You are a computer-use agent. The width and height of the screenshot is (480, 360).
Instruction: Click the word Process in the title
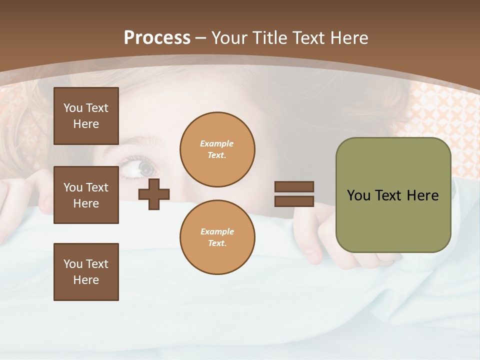(157, 38)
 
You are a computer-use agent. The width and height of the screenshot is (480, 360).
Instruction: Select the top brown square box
(86, 116)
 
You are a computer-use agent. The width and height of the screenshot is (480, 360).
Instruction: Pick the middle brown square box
(86, 195)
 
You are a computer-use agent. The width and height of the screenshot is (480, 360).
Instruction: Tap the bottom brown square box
(86, 272)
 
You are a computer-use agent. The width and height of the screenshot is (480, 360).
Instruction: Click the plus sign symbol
(154, 193)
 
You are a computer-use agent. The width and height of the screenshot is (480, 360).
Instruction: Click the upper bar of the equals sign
(294, 186)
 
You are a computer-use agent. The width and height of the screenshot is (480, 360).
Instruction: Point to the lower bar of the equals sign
(294, 201)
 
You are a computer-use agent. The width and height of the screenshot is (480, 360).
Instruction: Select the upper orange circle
(217, 149)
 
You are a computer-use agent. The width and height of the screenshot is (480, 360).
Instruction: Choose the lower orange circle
(217, 237)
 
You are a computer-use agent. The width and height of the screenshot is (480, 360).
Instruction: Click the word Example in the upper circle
(217, 144)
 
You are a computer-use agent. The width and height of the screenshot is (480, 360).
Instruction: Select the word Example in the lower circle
(217, 232)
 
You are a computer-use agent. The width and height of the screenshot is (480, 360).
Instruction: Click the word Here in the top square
(86, 124)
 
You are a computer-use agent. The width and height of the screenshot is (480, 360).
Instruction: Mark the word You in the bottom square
(73, 264)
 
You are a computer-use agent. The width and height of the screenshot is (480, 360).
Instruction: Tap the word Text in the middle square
(97, 187)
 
